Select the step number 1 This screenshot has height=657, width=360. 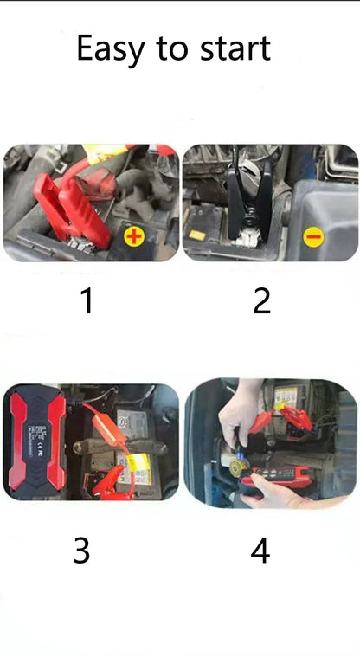click(x=86, y=300)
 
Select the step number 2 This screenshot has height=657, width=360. click(x=261, y=300)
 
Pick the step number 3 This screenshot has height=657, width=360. click(x=81, y=550)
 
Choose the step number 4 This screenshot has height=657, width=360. click(x=260, y=550)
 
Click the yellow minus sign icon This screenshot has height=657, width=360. click(x=313, y=235)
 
